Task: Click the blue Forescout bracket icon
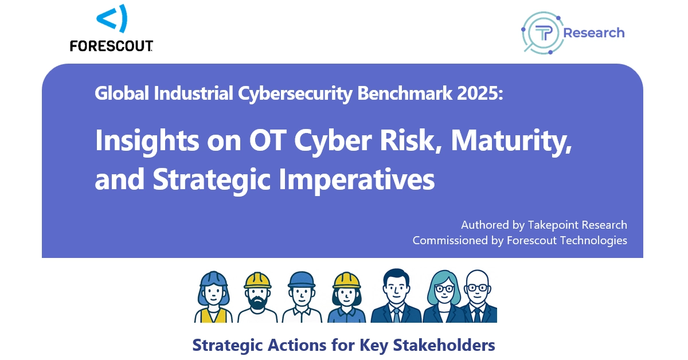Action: (112, 18)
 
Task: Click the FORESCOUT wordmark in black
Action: (111, 46)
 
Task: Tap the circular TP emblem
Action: (542, 33)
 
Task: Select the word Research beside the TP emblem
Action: (594, 33)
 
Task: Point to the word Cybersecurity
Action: (295, 93)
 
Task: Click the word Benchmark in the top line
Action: (405, 93)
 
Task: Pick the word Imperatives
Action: (357, 180)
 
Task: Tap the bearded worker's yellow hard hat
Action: (257, 280)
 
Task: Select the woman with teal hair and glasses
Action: (444, 296)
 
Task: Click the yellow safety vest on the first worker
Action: (213, 315)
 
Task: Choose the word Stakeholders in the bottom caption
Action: (444, 345)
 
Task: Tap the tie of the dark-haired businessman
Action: (396, 315)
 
